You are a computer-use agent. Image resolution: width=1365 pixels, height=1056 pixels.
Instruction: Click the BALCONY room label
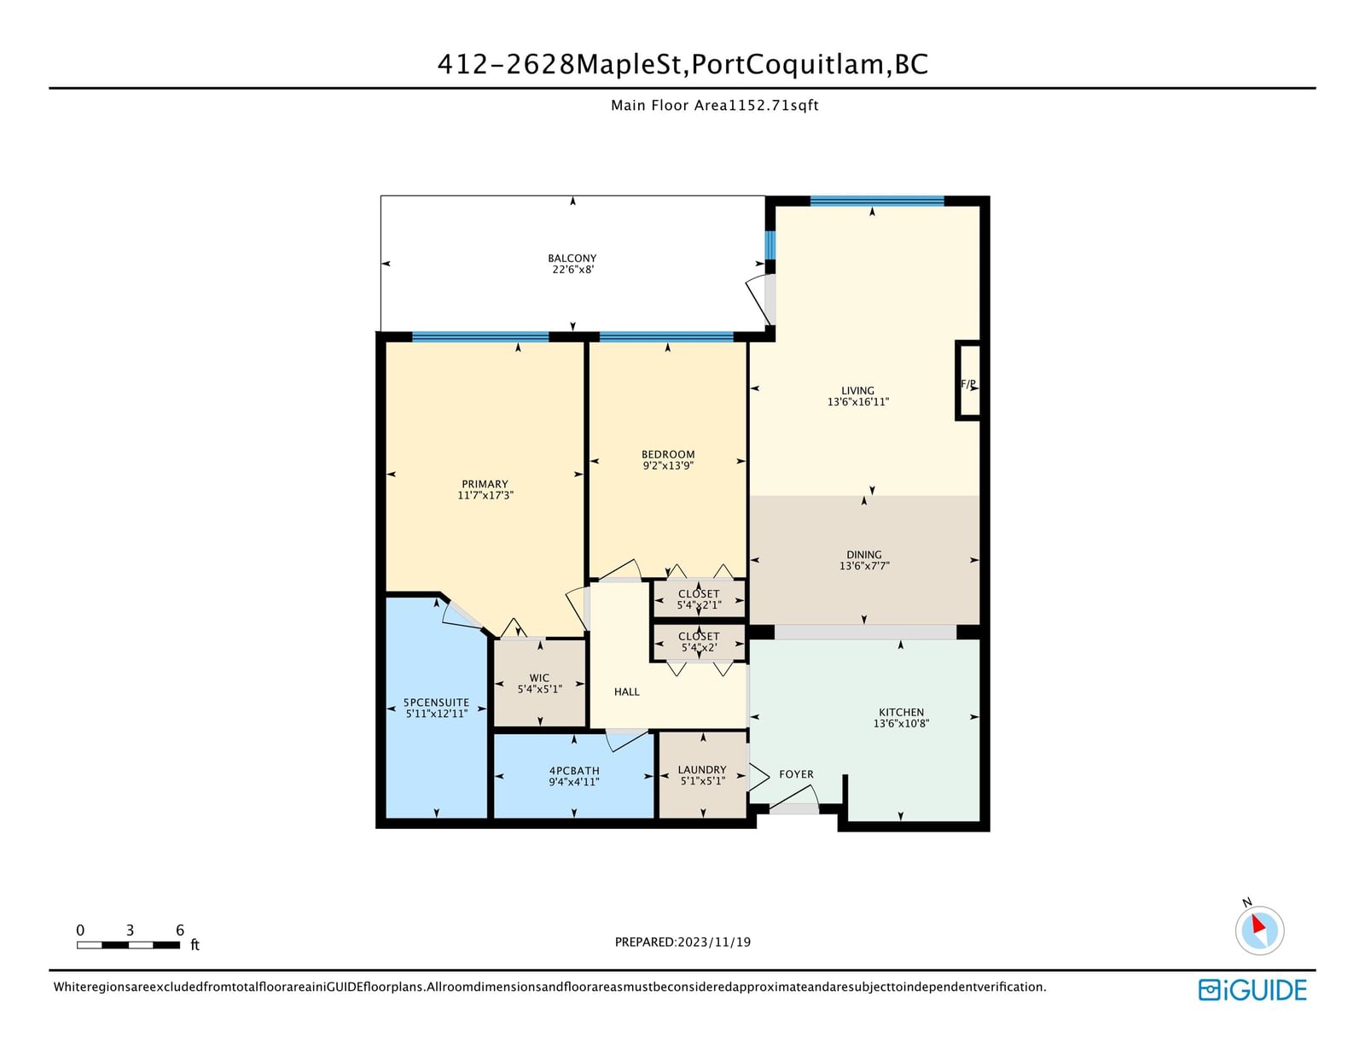pos(572,259)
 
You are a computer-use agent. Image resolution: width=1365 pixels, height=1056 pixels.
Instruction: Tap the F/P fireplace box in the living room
pos(968,380)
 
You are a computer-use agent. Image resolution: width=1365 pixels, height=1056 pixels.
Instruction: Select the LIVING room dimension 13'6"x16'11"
pos(857,402)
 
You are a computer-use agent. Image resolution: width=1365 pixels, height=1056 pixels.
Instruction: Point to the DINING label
pos(863,554)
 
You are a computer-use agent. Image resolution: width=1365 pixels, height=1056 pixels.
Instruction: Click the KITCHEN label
pos(901,712)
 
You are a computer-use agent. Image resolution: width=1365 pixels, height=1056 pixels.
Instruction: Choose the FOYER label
pos(796,774)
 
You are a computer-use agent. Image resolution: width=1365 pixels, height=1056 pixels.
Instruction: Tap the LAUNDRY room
pos(702,775)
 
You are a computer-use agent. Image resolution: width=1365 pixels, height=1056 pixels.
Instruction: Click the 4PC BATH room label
pos(574,771)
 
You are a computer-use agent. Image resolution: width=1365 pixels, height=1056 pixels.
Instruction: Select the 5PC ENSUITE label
pos(436,703)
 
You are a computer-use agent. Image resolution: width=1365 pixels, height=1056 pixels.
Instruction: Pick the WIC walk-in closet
pos(539,683)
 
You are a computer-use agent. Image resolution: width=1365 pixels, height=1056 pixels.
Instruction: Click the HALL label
pos(626,692)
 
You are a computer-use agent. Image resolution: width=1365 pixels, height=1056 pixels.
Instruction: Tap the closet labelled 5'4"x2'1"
pos(700,599)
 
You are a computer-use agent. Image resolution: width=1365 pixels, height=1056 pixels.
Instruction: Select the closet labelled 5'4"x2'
pos(700,642)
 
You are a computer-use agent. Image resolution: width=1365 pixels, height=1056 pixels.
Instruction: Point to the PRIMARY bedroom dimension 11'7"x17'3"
pos(485,495)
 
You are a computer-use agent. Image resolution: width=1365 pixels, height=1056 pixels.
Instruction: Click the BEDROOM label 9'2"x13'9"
pos(668,460)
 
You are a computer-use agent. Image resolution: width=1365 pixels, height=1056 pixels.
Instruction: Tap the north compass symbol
pos(1259,929)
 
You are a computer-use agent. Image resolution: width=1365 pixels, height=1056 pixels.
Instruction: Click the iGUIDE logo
pos(1252,990)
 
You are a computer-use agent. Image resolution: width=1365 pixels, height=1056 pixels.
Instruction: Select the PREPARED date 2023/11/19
pos(682,942)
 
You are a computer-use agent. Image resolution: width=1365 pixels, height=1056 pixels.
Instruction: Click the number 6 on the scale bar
pos(180,931)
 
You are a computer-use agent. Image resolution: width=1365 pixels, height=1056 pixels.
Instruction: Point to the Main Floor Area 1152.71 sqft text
pos(714,106)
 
